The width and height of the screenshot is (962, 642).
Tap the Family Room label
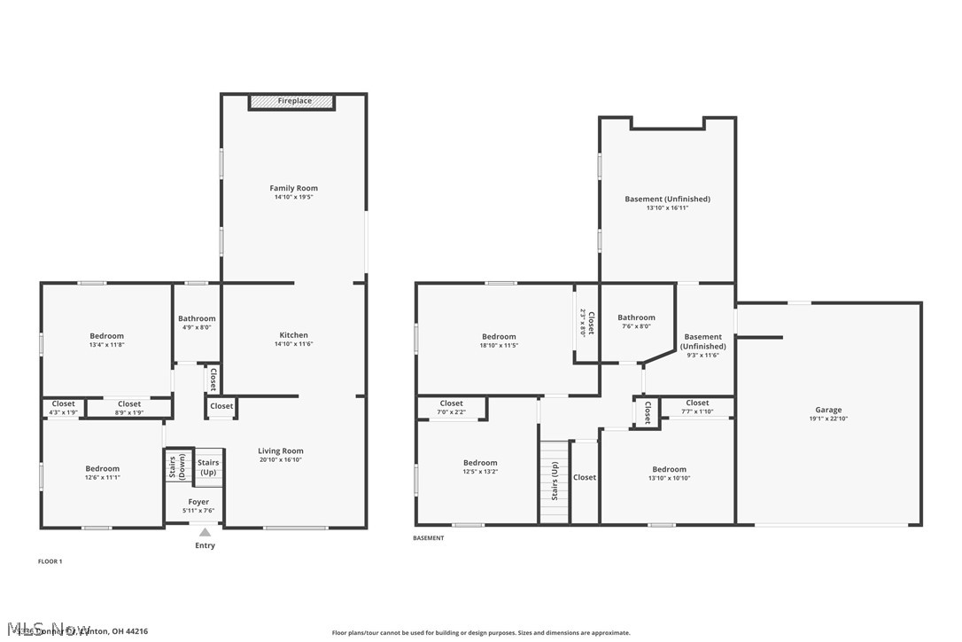pyautogui.click(x=293, y=188)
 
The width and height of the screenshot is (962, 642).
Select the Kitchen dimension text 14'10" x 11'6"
pyautogui.click(x=293, y=344)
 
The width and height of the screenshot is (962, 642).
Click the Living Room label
pyautogui.click(x=281, y=450)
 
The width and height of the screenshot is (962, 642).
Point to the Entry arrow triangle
pyautogui.click(x=205, y=532)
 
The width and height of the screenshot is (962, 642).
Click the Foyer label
pyautogui.click(x=199, y=501)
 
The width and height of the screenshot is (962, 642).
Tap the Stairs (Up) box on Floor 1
pyautogui.click(x=207, y=467)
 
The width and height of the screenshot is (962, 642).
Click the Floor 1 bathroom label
pyautogui.click(x=197, y=318)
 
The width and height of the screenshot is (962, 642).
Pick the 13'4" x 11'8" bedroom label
pyautogui.click(x=106, y=336)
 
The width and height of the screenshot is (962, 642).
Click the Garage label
pyautogui.click(x=828, y=410)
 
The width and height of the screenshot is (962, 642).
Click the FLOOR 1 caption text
pyautogui.click(x=50, y=561)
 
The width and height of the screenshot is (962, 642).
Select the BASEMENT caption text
pyautogui.click(x=428, y=538)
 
